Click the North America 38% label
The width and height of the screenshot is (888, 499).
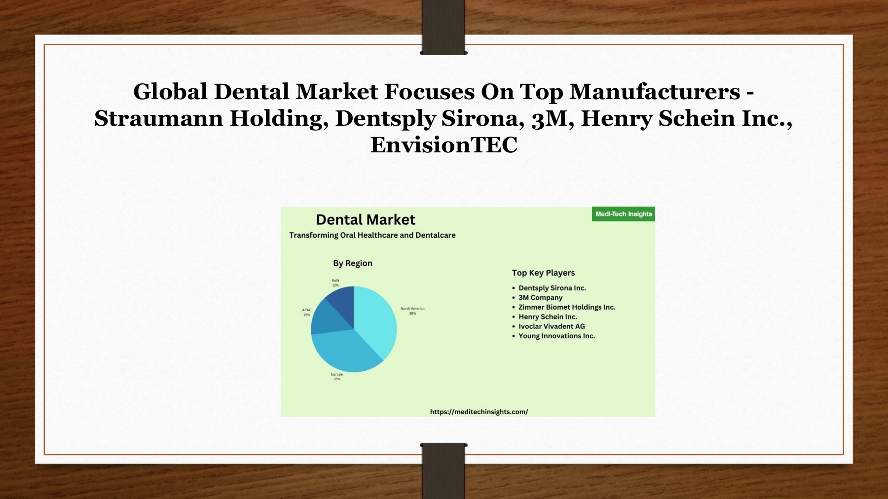pos(412,311)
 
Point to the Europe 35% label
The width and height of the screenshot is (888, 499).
pos(337,377)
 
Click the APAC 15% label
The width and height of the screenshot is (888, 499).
pos(307,313)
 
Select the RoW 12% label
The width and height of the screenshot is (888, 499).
pos(335,283)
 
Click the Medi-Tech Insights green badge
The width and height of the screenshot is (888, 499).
pos(623,214)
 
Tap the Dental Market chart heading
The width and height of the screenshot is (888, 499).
pos(366,220)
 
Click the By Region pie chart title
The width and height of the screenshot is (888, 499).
pos(353,263)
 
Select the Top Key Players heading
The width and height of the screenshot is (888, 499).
pos(543,273)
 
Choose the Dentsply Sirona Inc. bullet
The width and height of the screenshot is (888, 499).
pos(552,288)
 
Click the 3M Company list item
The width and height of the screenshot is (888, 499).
pos(540,298)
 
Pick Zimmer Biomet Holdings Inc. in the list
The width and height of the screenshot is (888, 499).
pos(567,307)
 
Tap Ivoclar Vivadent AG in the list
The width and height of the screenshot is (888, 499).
pos(552,326)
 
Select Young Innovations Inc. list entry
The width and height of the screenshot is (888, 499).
pos(556,336)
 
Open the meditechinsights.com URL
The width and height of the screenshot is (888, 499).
pos(479,412)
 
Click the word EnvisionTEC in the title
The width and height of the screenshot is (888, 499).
pos(444,145)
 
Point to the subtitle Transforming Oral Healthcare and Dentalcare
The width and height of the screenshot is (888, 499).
pos(372,235)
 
